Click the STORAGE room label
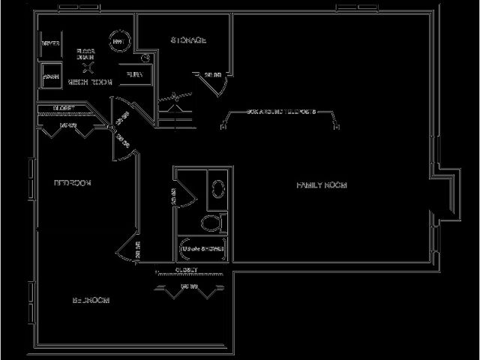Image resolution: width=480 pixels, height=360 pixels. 188,40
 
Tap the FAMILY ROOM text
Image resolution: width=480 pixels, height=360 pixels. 321,184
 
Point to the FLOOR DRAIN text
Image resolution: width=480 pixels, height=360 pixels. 86,54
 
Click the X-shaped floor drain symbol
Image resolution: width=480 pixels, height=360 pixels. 87,67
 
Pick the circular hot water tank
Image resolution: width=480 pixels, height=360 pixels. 118,43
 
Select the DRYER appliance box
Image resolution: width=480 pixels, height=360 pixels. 51,43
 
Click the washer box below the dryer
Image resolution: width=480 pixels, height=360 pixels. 51,76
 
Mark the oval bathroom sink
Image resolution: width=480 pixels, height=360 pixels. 218,188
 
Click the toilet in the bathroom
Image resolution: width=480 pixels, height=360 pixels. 214,223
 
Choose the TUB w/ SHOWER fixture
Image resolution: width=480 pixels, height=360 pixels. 202,247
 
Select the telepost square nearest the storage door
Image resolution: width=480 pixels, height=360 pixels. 223,127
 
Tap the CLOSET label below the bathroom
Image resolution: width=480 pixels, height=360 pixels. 186,268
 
